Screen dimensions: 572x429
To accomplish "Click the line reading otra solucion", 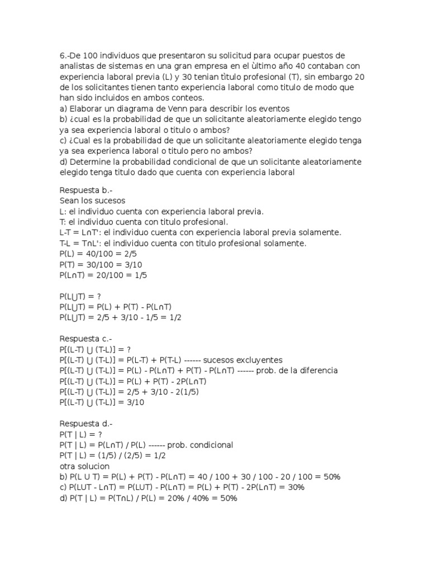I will [84, 466].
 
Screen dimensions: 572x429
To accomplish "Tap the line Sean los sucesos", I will [92, 201].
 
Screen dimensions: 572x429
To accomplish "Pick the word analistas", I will [78, 66].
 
